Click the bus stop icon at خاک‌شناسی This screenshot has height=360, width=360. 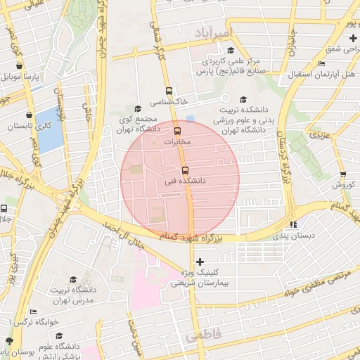168,91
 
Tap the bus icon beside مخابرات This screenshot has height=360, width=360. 176,130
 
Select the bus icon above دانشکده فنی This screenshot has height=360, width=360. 185,169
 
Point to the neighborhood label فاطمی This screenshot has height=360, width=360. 203,336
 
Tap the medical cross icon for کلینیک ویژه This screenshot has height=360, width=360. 200,262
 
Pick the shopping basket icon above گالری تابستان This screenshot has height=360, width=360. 29,115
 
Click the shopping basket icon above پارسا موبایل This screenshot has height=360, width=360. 28,67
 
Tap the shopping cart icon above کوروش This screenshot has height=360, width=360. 342,174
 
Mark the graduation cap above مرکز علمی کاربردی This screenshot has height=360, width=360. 231,50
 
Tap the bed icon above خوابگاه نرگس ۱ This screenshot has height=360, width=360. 33,311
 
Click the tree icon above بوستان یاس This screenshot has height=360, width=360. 9,340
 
